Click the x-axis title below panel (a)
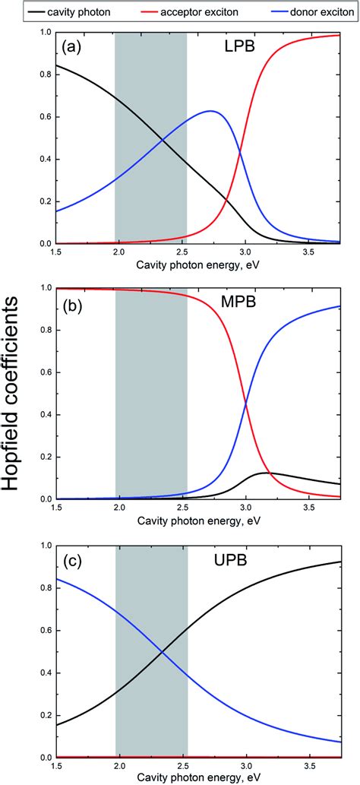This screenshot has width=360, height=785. (x=200, y=264)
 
